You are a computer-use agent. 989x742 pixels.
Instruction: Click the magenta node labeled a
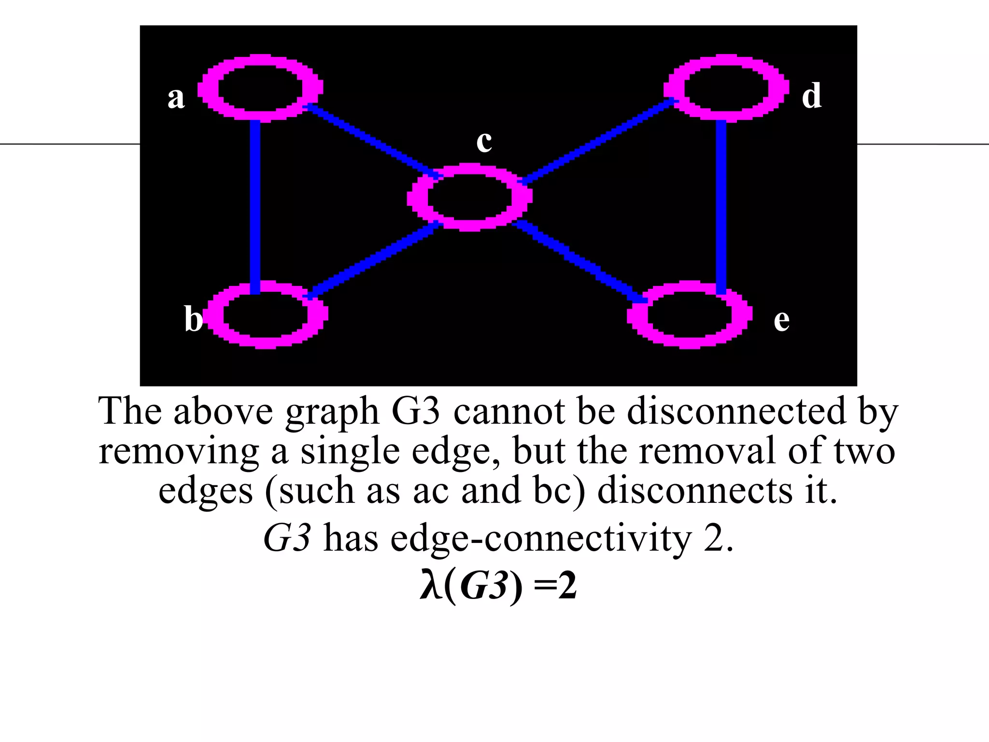pyautogui.click(x=261, y=87)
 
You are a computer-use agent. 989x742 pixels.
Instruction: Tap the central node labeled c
pyautogui.click(x=469, y=197)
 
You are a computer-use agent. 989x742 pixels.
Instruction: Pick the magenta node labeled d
pyautogui.click(x=726, y=87)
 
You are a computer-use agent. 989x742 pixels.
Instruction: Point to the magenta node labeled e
pyautogui.click(x=690, y=314)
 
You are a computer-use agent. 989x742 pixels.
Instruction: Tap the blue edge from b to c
pyautogui.click(x=372, y=259)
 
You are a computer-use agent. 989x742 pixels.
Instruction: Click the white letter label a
pyautogui.click(x=176, y=98)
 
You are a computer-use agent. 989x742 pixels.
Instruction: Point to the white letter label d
pyautogui.click(x=811, y=96)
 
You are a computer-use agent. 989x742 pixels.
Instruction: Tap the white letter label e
pyautogui.click(x=781, y=321)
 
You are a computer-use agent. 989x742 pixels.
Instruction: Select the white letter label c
pyautogui.click(x=484, y=142)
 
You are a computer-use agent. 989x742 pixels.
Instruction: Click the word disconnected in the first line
pyautogui.click(x=736, y=411)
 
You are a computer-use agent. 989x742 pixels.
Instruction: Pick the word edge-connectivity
pyautogui.click(x=541, y=538)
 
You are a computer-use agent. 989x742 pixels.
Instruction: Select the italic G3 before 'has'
pyautogui.click(x=287, y=538)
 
